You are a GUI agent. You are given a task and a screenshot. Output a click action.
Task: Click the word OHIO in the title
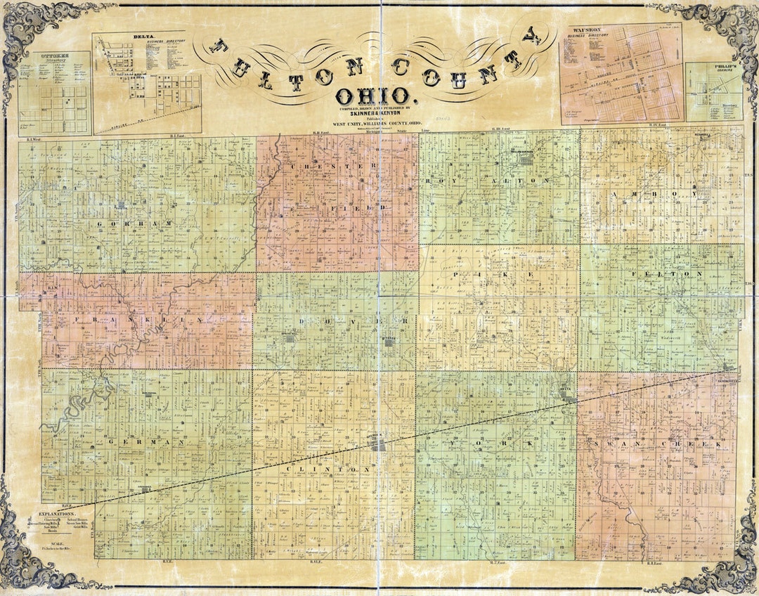coord(372,96)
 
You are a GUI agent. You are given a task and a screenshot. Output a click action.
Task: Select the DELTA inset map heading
coord(124,36)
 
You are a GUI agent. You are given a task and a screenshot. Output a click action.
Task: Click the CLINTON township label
coord(329,469)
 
